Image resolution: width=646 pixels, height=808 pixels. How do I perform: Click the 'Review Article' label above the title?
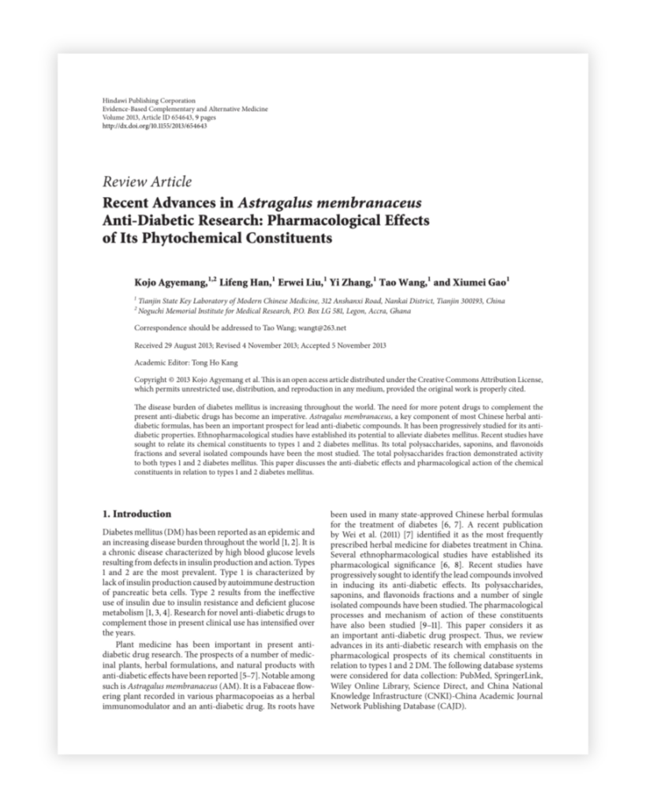(147, 182)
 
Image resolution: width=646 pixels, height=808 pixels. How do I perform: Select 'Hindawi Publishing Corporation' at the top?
(149, 102)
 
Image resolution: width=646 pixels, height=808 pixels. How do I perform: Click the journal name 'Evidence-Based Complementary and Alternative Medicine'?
(185, 110)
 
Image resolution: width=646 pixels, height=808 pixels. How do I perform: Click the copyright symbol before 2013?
(168, 379)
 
